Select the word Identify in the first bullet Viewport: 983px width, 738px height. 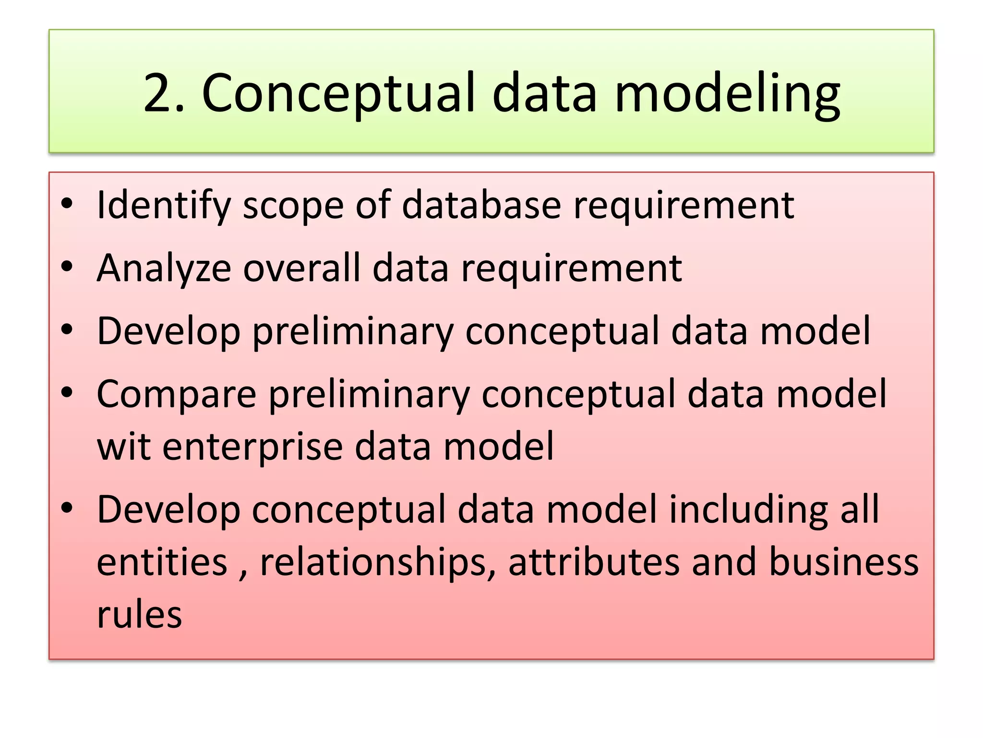tap(164, 206)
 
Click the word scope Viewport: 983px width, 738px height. tap(293, 206)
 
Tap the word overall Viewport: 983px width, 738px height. tap(301, 268)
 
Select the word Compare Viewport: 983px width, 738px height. tap(177, 394)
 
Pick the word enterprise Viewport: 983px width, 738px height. tap(252, 446)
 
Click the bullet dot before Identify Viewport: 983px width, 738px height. tap(67, 204)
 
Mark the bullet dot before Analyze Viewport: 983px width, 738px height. tap(67, 266)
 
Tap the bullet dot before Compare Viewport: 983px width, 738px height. tap(67, 392)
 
